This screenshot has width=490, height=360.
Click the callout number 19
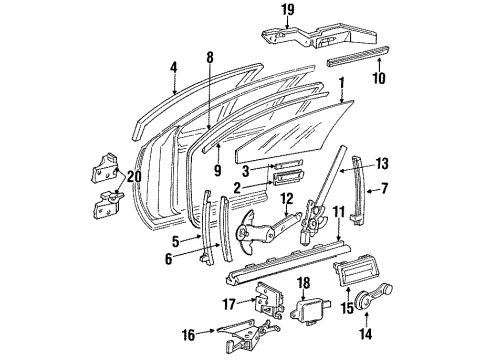(x=288, y=12)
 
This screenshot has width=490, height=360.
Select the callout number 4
(x=174, y=69)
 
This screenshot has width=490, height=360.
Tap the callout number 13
(x=381, y=164)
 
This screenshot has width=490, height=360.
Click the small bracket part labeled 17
(x=264, y=296)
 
